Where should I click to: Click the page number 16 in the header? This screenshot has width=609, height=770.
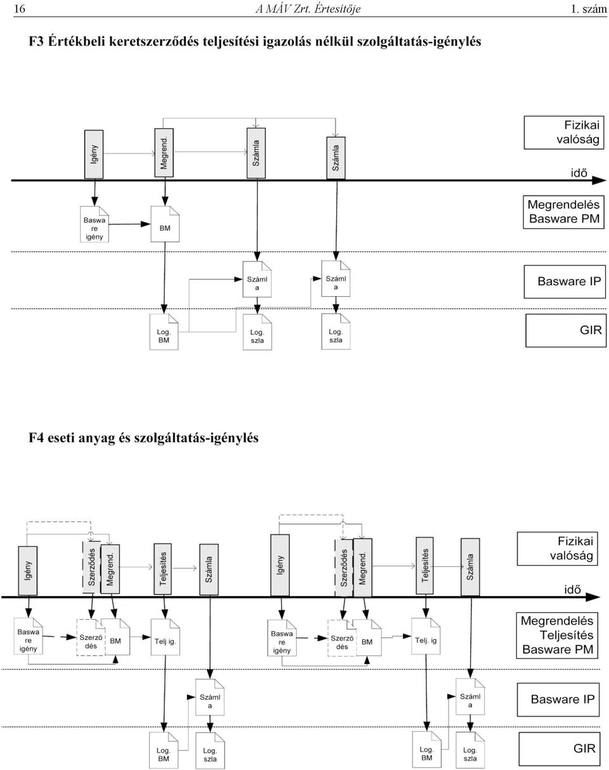tap(19, 9)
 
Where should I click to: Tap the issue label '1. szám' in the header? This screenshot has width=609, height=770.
tap(589, 9)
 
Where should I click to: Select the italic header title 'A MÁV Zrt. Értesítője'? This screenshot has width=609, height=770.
tap(308, 9)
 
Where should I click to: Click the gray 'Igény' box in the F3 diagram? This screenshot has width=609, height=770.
tap(94, 154)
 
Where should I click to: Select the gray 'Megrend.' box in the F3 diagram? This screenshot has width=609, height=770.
tap(164, 153)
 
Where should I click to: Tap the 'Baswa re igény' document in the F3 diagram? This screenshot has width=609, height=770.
tap(95, 225)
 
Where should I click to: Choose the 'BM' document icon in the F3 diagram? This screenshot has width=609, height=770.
tap(165, 224)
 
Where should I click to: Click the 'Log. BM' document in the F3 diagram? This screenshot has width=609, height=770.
tap(164, 332)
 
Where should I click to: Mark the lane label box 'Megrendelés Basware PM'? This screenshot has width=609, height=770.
tap(563, 212)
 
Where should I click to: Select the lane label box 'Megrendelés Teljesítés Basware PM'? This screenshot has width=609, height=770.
tap(557, 635)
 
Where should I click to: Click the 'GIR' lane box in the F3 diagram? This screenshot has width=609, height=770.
tap(566, 330)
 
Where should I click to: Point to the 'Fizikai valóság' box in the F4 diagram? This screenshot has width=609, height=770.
tap(557, 549)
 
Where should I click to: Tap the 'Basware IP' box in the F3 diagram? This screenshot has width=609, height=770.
tap(565, 282)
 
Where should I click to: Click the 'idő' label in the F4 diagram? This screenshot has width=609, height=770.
tap(572, 589)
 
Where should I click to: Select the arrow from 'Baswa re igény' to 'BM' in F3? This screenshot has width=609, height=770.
tap(129, 225)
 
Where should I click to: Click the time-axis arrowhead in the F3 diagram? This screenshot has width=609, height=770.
tap(599, 180)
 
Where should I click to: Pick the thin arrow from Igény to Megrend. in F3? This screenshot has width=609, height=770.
tap(129, 153)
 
